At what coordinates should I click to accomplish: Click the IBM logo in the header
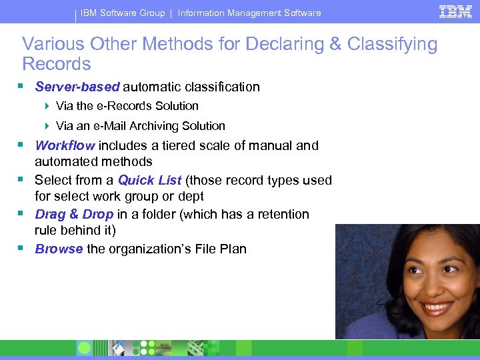(x=456, y=11)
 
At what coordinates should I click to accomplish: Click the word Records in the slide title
(x=57, y=64)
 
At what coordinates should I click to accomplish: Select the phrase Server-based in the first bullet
(x=77, y=87)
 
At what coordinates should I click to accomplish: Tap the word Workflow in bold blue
(x=65, y=145)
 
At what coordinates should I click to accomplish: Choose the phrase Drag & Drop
(x=74, y=214)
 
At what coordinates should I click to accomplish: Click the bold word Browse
(x=59, y=249)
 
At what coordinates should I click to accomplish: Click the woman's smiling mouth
(x=437, y=309)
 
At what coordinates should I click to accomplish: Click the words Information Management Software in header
(x=249, y=13)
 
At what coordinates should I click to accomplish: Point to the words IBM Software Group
(x=123, y=13)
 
